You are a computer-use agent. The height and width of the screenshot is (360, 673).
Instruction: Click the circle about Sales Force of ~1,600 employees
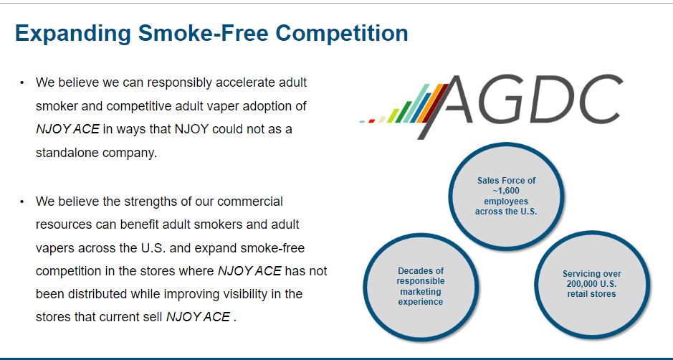tap(506, 196)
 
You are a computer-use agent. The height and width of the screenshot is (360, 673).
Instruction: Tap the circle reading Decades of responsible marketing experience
tap(421, 285)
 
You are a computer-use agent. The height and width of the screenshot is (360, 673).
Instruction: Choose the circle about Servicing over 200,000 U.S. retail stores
tap(591, 285)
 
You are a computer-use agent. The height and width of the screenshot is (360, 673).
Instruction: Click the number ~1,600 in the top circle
tap(506, 191)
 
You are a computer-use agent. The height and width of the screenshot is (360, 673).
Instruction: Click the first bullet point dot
tap(22, 83)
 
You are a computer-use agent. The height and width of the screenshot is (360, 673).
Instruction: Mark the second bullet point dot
tap(22, 202)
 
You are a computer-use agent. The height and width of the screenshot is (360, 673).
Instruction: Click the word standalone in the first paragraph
tap(67, 152)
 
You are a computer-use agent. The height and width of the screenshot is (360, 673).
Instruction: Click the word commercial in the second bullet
tap(250, 201)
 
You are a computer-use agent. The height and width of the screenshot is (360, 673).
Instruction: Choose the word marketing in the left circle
tap(421, 291)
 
